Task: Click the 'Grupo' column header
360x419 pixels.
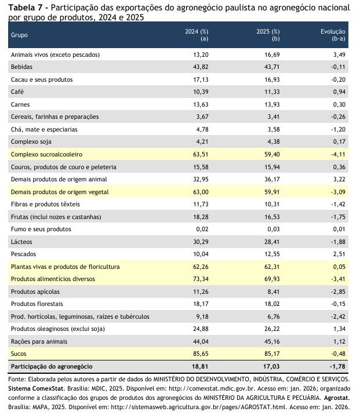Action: point(19,35)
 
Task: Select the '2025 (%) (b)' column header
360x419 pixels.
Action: point(268,35)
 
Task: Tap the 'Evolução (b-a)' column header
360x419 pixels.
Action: point(333,35)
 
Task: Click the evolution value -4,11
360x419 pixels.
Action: point(337,155)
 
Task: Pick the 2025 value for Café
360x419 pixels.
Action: point(272,92)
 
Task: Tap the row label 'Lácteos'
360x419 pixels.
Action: point(22,242)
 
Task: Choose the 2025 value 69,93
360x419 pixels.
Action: point(272,279)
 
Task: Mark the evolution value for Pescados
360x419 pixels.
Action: point(339,254)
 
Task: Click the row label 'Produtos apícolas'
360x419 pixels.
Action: point(35,292)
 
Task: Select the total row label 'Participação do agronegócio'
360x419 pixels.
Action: point(51,366)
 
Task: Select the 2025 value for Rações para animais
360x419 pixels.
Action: point(272,341)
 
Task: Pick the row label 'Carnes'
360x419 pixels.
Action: point(21,104)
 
